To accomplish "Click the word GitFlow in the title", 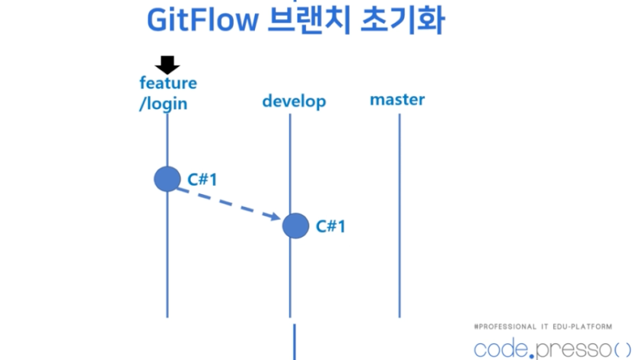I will (195, 21).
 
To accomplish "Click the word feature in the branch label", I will (167, 83).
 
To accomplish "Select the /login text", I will (163, 104).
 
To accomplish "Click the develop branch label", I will (294, 101).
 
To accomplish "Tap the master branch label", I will (397, 100).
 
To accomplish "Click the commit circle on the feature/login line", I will (167, 180).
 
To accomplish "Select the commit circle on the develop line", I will (295, 225).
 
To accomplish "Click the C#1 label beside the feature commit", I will (203, 180).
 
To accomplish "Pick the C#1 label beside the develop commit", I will (331, 226).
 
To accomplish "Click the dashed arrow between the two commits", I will (225, 202).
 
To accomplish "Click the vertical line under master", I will (399, 228).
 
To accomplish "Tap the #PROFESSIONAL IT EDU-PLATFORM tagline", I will (542, 326).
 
